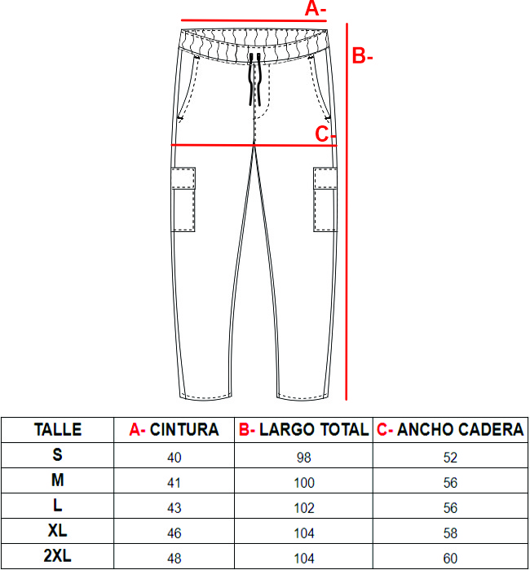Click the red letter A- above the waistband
316,9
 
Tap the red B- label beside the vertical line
362,56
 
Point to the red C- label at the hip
325,134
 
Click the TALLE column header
58,430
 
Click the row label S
58,454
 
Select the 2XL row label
58,556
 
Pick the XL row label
58,531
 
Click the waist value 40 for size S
174,458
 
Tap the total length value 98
304,458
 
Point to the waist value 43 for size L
174,508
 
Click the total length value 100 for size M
304,483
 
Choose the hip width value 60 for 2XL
450,558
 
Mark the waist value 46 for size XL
174,533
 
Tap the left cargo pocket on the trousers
183,199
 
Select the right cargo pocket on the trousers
325,199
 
